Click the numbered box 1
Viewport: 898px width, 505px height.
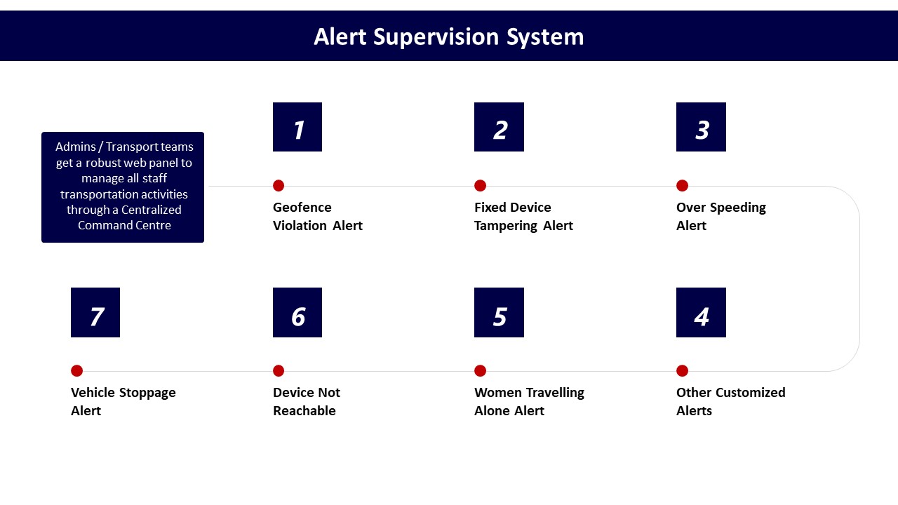(297, 127)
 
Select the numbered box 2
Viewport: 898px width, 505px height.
(499, 127)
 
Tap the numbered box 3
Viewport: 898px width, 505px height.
(701, 127)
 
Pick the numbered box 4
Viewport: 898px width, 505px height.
(701, 312)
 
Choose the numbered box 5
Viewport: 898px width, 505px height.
(499, 312)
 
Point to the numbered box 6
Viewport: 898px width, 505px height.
(297, 312)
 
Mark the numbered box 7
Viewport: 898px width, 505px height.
(95, 312)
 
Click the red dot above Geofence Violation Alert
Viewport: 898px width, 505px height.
(279, 186)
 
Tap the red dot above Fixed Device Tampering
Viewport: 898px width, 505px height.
(481, 186)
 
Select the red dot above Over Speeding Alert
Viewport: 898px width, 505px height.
(683, 186)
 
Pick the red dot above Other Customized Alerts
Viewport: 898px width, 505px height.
(683, 371)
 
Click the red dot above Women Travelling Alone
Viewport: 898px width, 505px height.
(481, 371)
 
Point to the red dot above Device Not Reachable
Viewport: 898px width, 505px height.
(279, 371)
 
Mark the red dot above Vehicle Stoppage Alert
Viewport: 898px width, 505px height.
(77, 371)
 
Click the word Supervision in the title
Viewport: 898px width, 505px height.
(436, 37)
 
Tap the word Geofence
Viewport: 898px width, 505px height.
(302, 207)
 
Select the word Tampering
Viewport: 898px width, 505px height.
(506, 226)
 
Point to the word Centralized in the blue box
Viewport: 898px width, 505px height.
(151, 210)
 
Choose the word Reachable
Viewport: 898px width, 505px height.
(304, 411)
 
